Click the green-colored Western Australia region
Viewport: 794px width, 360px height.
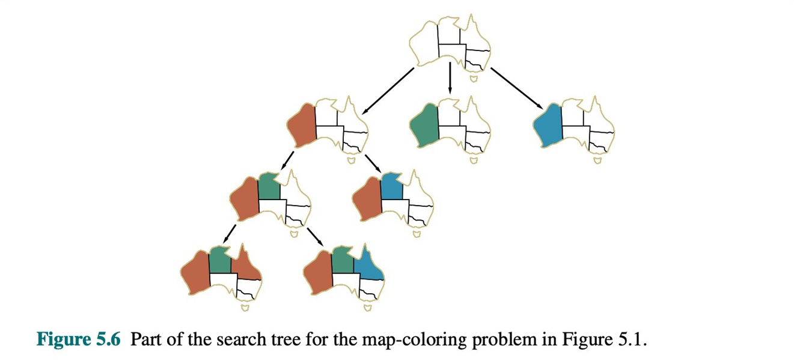pos(423,125)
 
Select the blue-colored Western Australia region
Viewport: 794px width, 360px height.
pos(548,125)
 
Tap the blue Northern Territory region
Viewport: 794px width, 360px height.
pos(391,186)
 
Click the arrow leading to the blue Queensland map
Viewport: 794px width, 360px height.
pos(316,236)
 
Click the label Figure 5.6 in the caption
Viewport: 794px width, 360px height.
pos(79,340)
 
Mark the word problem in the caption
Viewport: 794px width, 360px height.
pos(481,340)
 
